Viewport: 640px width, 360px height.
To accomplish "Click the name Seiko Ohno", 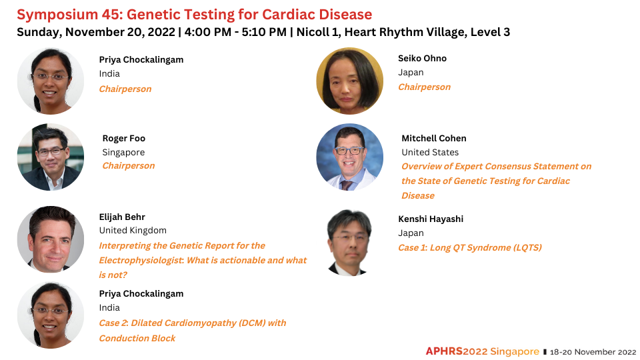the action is pos(422,59).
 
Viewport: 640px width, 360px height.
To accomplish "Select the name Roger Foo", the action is pos(124,139).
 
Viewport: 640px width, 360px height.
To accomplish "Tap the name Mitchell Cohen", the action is pos(434,139).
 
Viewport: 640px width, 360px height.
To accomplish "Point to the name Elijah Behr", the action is pos(122,217).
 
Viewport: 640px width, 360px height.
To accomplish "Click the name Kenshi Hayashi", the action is pos(431,219).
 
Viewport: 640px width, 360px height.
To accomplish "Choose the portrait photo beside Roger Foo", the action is pos(51,157).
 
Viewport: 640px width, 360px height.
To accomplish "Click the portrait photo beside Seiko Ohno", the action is pos(350,81).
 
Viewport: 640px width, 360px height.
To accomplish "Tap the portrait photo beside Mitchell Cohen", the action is pos(350,157).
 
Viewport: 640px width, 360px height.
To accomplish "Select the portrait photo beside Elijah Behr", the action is pos(51,239).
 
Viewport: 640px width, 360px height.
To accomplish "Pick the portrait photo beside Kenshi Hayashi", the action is pos(349,243).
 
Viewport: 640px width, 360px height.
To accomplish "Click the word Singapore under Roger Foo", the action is pos(123,153).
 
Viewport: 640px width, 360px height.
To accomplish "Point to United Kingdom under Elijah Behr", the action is pos(133,230).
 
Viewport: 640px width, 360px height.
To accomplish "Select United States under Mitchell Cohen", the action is pos(430,152).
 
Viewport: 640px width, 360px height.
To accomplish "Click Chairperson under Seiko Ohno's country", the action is pos(425,87).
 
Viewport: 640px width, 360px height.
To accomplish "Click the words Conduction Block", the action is pos(137,339).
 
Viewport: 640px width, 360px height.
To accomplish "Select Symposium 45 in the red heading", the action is pos(69,15).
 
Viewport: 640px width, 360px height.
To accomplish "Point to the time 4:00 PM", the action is pos(208,32).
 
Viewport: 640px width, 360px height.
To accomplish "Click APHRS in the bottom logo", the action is pos(444,351).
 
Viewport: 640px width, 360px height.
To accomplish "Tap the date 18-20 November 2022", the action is pos(593,352).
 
